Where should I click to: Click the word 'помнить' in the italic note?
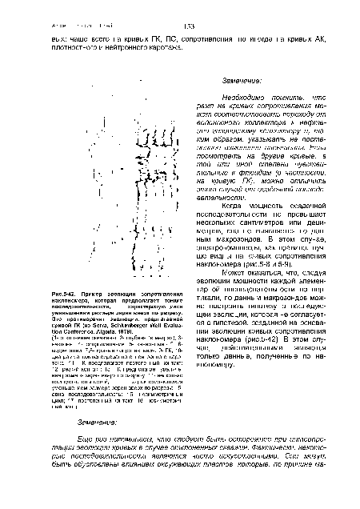(272, 94)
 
